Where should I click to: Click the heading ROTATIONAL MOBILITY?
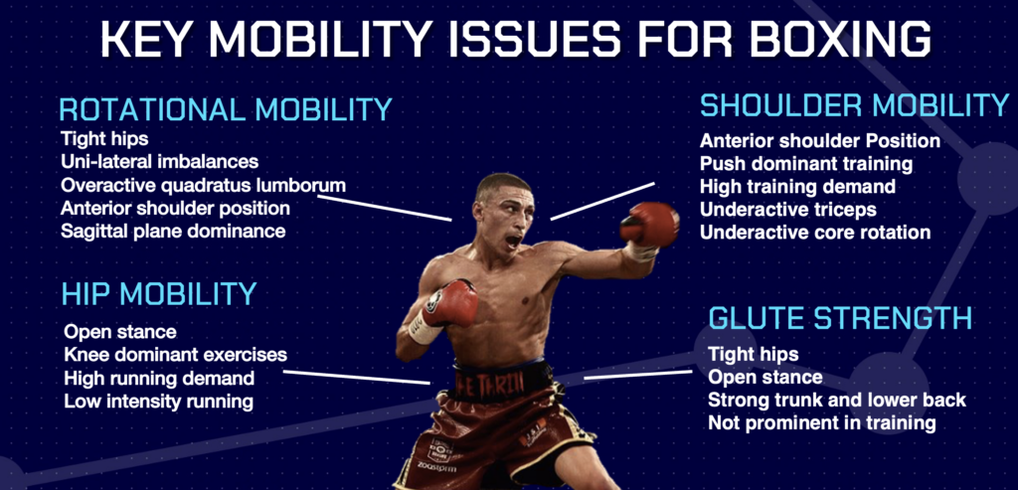pyautogui.click(x=226, y=109)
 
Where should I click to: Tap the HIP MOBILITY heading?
pyautogui.click(x=159, y=293)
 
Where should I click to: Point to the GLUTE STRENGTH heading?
pyautogui.click(x=840, y=319)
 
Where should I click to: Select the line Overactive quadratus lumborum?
pyautogui.click(x=189, y=185)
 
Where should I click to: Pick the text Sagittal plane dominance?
pyautogui.click(x=173, y=231)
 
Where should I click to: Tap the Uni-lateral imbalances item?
pyautogui.click(x=159, y=162)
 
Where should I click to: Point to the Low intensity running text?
pyautogui.click(x=158, y=402)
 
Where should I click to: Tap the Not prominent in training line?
pyautogui.click(x=822, y=423)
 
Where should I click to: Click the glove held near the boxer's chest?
pyautogui.click(x=452, y=301)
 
